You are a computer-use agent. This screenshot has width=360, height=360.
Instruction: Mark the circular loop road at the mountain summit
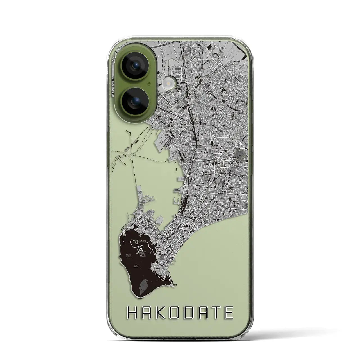point(140,250)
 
